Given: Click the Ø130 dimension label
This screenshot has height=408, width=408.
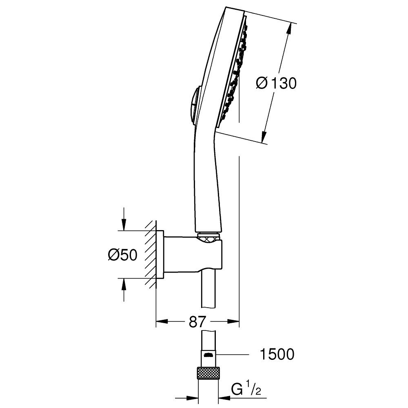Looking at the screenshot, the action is (276, 83).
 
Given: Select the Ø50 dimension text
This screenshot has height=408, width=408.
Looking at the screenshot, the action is (122, 255).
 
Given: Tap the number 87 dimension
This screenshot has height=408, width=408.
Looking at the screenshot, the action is (197, 322).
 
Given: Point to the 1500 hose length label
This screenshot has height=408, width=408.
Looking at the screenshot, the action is (277, 354).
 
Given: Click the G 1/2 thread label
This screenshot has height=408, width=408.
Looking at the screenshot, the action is (246, 390).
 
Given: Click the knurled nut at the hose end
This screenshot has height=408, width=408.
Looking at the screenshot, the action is (208, 373).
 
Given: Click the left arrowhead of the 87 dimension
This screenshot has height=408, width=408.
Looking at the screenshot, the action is (162, 322).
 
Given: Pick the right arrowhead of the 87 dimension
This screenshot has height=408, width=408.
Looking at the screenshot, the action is (233, 322).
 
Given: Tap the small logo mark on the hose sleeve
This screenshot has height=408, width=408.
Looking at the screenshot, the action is (208, 355).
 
